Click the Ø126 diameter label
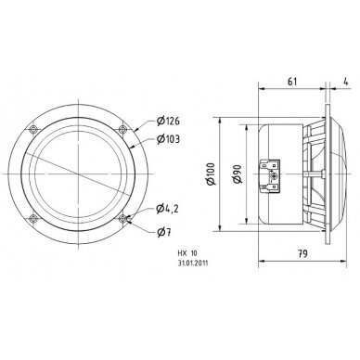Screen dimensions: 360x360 168,121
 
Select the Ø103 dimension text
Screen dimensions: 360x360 168,139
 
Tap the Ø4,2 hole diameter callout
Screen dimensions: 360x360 167,209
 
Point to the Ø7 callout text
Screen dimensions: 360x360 163,232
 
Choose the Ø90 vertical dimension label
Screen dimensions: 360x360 238,174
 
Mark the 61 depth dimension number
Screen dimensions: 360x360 292,82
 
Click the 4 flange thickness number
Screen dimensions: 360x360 346,82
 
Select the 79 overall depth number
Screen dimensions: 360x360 302,254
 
